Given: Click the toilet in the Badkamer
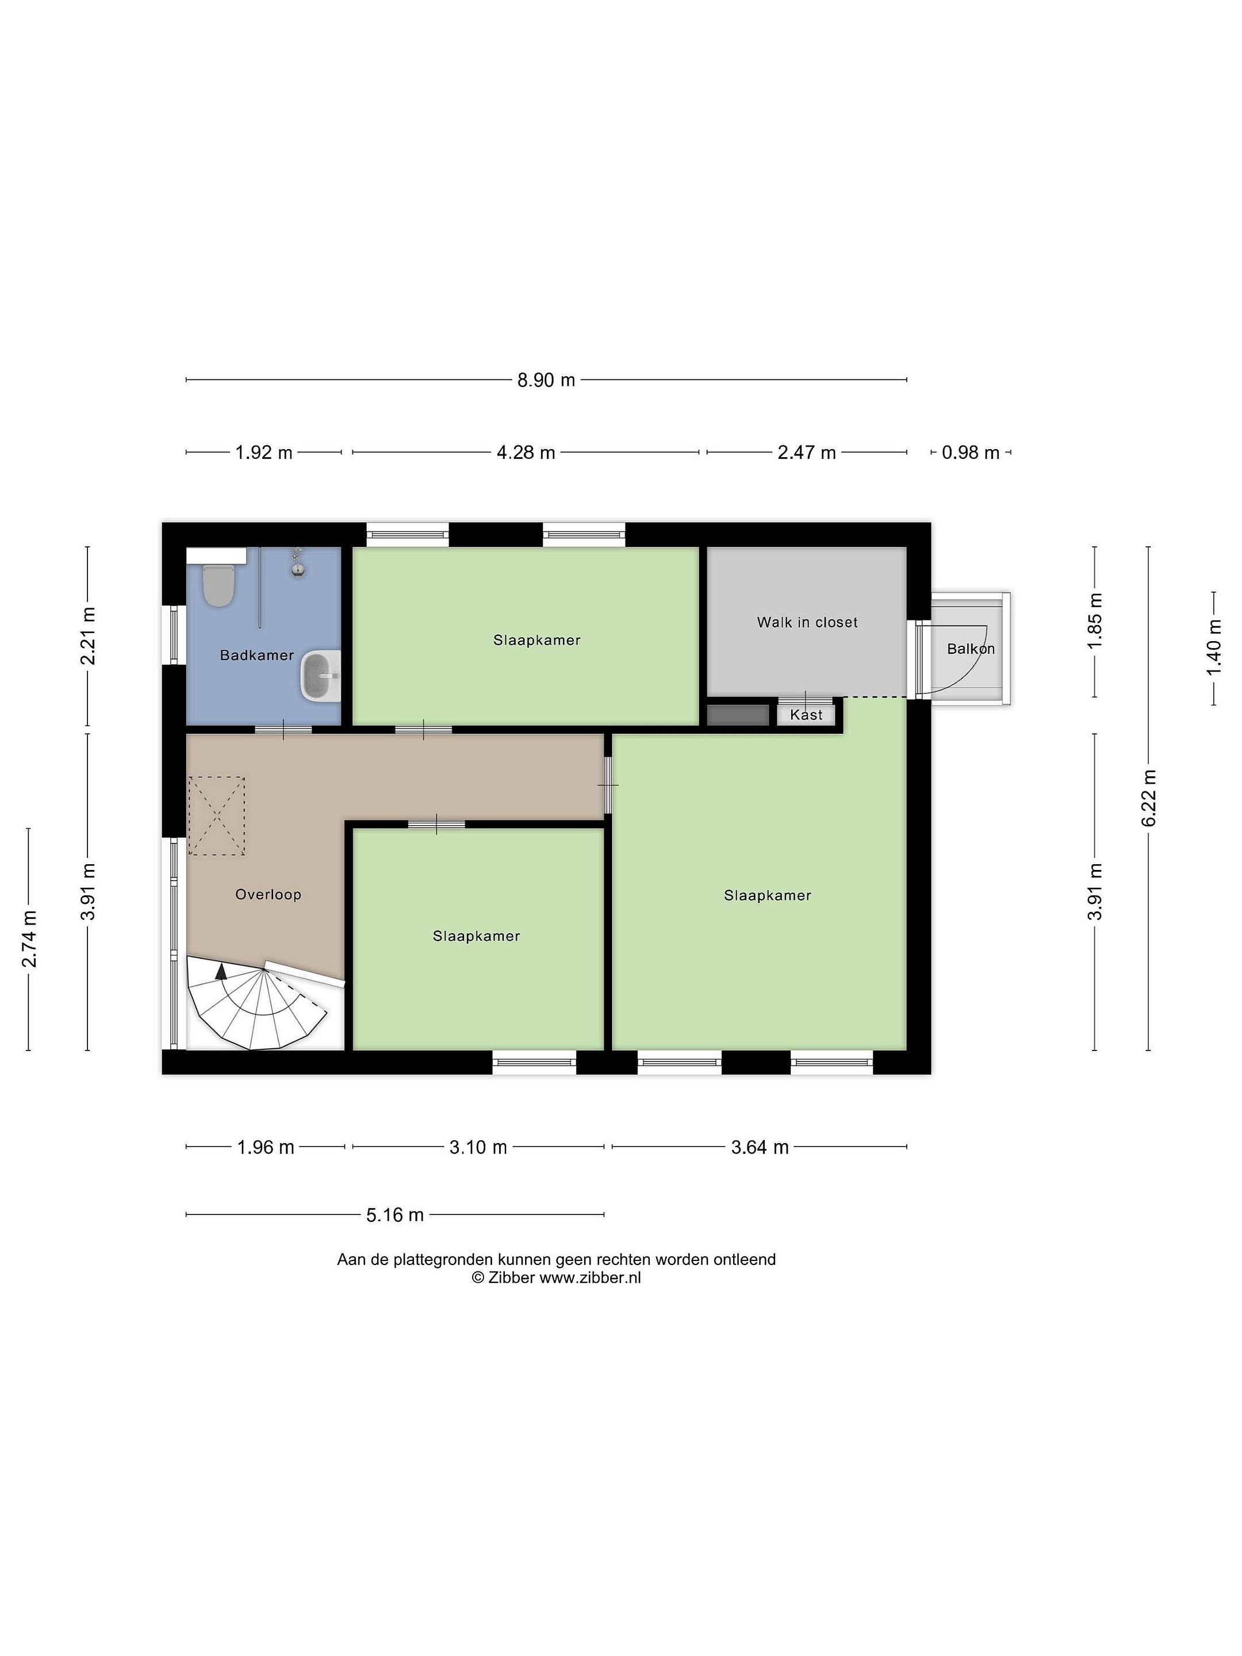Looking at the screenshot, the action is [218, 584].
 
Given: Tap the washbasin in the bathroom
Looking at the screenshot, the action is [320, 676].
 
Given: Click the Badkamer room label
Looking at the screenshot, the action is [257, 655].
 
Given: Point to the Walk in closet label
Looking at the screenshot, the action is [807, 622].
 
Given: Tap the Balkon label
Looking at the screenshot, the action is [971, 649].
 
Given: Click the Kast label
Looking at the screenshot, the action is [806, 715].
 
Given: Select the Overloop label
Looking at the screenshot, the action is [268, 894].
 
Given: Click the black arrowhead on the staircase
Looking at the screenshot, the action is [221, 972].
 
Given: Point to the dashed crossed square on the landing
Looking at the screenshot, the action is [216, 815].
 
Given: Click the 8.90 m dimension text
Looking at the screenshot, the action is [546, 380].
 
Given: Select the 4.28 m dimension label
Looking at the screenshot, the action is [526, 453].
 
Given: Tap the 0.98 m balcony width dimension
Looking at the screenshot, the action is [971, 453].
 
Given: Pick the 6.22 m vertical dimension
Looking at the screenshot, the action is [1149, 798].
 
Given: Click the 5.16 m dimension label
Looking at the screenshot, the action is [395, 1215].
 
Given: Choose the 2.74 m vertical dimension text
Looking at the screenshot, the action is [29, 939].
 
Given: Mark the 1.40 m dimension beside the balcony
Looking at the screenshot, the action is [1214, 647].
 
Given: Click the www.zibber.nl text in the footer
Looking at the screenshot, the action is [590, 1278].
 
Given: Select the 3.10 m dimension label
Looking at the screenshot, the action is [478, 1147].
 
